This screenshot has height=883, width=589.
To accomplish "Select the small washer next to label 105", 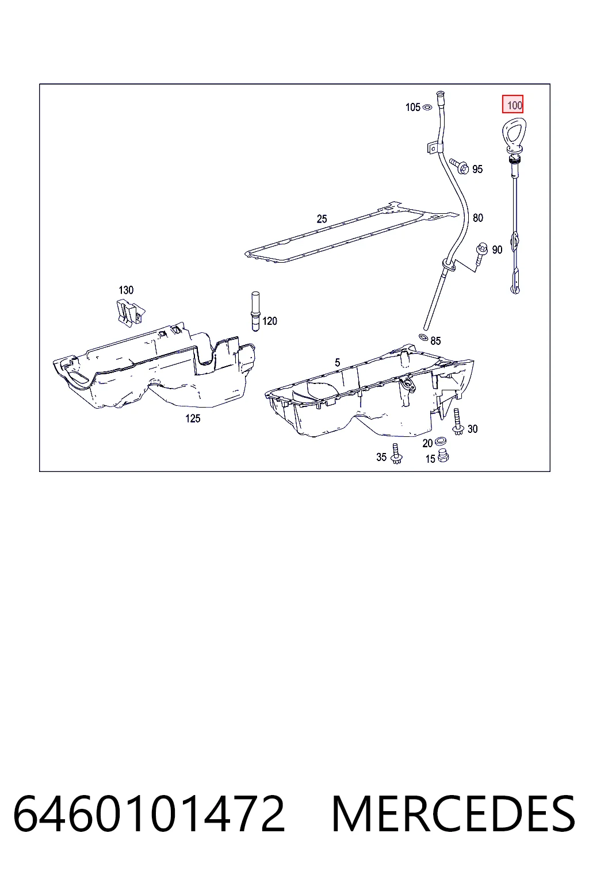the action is pyautogui.click(x=427, y=108).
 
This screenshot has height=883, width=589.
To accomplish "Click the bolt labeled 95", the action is pyautogui.click(x=459, y=166).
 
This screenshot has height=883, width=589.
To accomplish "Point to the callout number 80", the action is pyautogui.click(x=478, y=218).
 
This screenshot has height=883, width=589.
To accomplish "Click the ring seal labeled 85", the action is pyautogui.click(x=423, y=337).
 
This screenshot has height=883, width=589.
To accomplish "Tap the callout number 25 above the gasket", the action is pyautogui.click(x=322, y=219).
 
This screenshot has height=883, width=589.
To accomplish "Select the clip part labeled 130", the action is pyautogui.click(x=129, y=313).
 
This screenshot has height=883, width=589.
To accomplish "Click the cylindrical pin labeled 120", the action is pyautogui.click(x=255, y=311).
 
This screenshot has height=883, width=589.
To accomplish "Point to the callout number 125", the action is pyautogui.click(x=193, y=419).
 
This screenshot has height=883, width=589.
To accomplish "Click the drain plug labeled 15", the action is pyautogui.click(x=443, y=456).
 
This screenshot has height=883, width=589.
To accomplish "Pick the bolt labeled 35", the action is pyautogui.click(x=396, y=454).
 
